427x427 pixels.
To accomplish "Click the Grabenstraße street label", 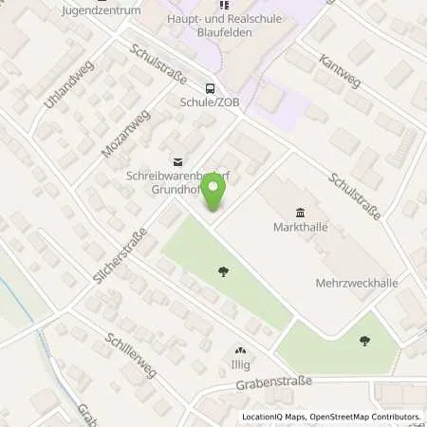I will coord(270,387).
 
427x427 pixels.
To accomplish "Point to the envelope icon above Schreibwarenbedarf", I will coord(175,161).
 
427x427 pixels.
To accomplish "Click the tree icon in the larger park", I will coord(223,272).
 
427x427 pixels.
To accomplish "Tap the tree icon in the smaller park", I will coord(364,340).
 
